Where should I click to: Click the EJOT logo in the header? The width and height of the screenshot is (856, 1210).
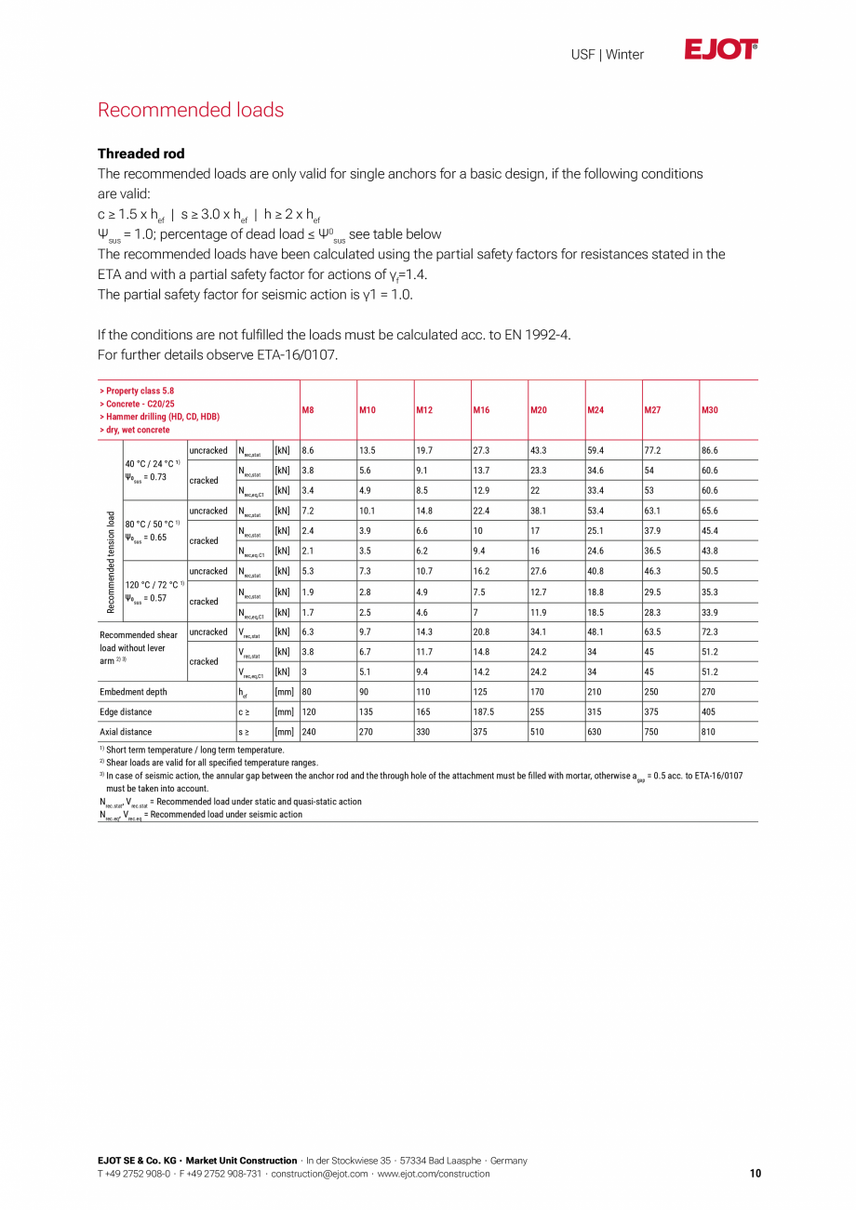click(x=720, y=50)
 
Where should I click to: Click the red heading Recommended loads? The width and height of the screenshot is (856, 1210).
click(x=191, y=110)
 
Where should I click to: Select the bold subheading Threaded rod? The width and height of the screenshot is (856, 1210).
click(x=141, y=153)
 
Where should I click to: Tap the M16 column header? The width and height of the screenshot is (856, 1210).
click(x=481, y=410)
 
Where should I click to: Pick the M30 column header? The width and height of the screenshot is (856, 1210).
click(x=710, y=410)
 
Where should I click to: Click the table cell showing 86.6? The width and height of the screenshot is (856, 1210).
click(x=710, y=450)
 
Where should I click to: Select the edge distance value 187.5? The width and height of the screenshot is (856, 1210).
click(x=485, y=711)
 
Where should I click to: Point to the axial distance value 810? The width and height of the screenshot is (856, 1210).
click(x=709, y=732)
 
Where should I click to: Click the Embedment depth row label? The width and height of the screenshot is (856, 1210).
click(x=133, y=692)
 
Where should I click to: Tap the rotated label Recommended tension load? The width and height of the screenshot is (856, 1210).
click(x=111, y=562)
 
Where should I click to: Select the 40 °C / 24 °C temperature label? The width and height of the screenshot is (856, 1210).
click(x=152, y=463)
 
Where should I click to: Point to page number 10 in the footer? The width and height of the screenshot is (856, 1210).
click(x=755, y=1174)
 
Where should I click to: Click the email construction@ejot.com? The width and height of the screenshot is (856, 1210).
click(x=321, y=1174)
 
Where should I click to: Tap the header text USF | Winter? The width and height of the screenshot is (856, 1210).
click(x=607, y=55)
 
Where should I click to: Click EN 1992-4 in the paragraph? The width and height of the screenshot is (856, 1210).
click(x=530, y=335)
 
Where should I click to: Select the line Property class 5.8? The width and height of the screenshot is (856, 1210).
click(x=137, y=392)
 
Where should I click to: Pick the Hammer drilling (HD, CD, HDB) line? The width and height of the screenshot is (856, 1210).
click(x=159, y=417)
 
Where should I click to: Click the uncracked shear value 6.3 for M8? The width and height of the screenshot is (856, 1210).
click(x=308, y=632)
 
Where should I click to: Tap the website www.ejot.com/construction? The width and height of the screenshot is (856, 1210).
click(x=433, y=1174)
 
